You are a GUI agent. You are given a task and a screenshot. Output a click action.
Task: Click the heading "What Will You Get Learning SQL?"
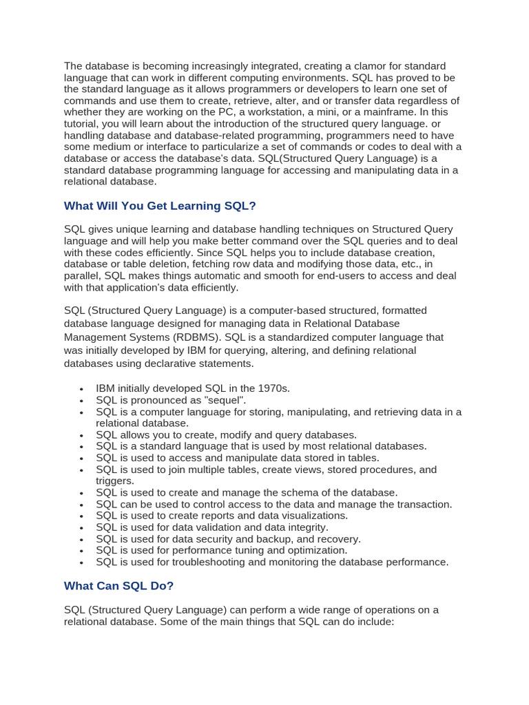pos(160,206)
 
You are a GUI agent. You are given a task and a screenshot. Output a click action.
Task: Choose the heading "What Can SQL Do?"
pos(118,586)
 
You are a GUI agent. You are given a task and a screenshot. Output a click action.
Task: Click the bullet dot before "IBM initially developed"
pos(82,390)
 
